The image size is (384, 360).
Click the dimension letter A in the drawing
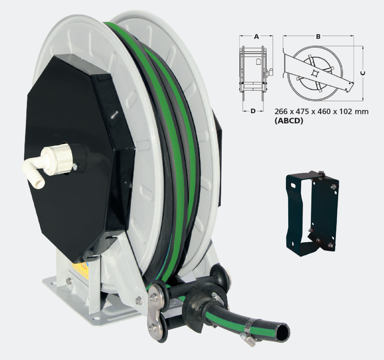(x=256, y=37)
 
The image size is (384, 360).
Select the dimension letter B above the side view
(x=318, y=37)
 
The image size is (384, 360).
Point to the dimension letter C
(x=363, y=73)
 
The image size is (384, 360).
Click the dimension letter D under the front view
(x=253, y=111)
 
